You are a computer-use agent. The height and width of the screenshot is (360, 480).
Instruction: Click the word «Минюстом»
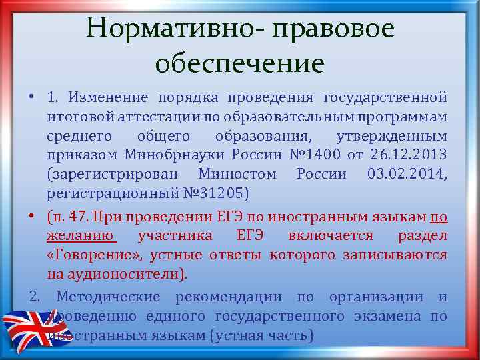pos(237,175)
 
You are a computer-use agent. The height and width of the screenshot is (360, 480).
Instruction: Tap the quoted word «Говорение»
pos(94,255)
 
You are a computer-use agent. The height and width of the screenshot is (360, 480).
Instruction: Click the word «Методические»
pos(108,297)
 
